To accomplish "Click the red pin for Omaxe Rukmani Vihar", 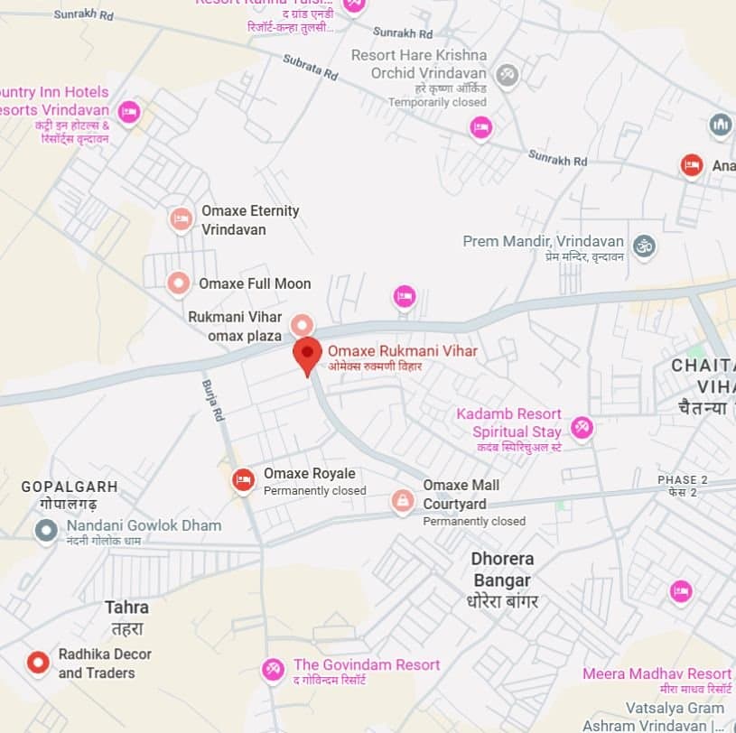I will point(307,353).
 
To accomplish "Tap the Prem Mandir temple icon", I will point(644,246).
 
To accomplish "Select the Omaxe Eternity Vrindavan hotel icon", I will point(181,218).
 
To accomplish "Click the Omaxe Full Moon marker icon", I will point(179,283).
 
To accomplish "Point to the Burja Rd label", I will point(213,401).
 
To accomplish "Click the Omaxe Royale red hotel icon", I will point(242,480).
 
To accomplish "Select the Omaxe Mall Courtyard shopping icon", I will point(403,501).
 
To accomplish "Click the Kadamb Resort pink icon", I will point(582,427).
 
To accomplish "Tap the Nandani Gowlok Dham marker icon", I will point(46,530).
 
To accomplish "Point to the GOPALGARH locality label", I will point(70,487).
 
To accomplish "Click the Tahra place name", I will point(126,608).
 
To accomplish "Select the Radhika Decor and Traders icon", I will point(37,663).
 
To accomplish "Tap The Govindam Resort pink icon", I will point(273,670).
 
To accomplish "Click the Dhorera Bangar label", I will point(503,570).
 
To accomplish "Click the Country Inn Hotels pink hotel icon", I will point(129,113).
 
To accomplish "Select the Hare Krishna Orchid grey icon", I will point(508,75).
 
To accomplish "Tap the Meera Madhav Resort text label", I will point(657,674).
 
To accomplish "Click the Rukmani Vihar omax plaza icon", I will point(301,324).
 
